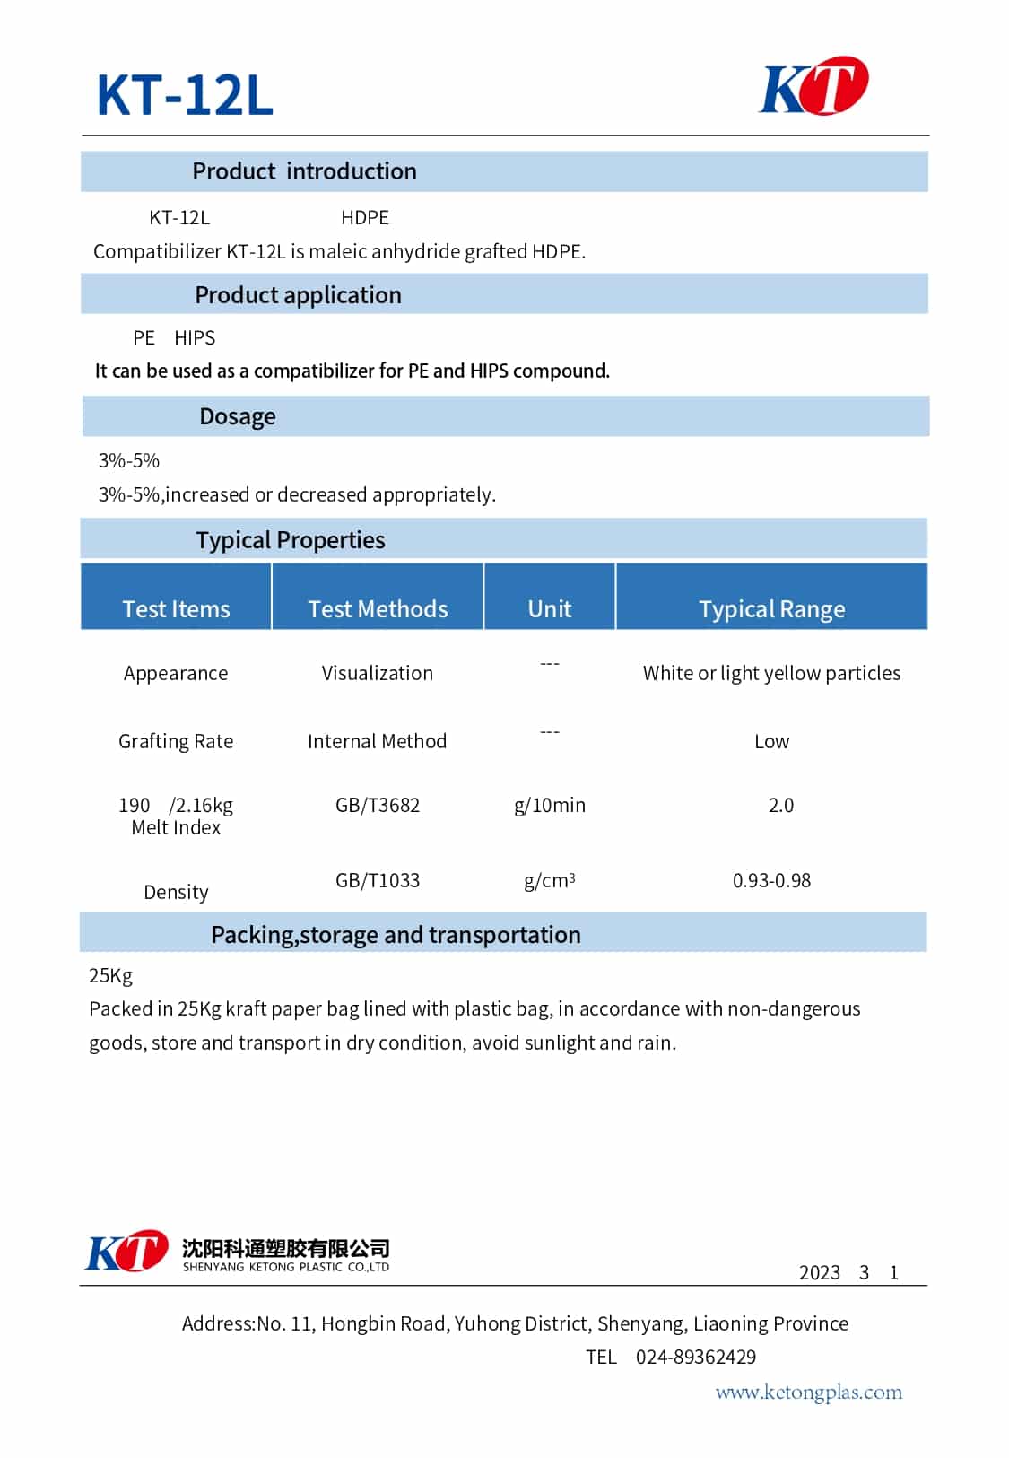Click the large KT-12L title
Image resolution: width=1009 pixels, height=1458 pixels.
coord(185,94)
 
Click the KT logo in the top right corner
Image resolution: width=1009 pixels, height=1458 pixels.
coord(813,86)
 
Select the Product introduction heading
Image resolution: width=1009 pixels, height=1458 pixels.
coord(304,171)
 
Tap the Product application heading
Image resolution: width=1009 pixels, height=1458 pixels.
coord(298,295)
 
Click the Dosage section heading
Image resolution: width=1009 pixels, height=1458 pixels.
coord(238,416)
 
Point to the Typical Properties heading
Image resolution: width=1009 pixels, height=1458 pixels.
coord(291,540)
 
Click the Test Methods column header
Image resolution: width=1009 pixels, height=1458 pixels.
coord(378,609)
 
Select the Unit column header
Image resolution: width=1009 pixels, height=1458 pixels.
coord(550,609)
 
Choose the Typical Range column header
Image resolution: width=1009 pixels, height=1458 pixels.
coord(771,609)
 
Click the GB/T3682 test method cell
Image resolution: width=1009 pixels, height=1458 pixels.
coord(378,805)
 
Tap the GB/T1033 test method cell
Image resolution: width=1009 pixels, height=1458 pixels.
coord(378,880)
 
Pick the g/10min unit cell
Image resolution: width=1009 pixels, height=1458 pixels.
coord(550,805)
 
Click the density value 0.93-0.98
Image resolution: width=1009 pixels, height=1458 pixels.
coord(771,880)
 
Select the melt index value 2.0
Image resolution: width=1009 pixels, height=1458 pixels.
coord(780,805)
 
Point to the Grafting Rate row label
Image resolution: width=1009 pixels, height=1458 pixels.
coord(176,741)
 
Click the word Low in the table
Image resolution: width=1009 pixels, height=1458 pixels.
coord(771,741)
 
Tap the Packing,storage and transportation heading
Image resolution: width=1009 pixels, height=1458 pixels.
coord(396,935)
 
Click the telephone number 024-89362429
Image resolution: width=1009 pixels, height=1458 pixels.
coord(696,1357)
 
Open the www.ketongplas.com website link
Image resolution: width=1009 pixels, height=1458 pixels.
coord(808,1392)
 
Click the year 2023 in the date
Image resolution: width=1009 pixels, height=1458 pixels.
coord(820,1272)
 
